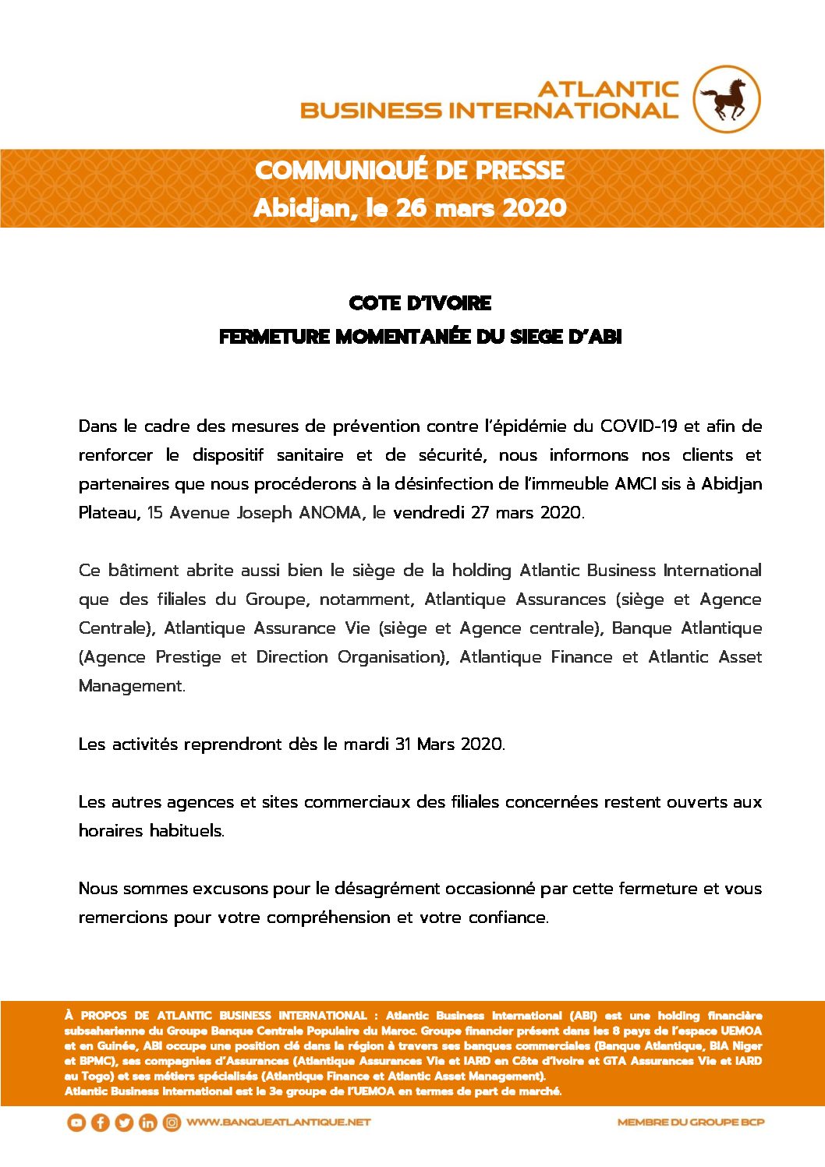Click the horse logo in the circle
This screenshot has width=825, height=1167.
[727, 99]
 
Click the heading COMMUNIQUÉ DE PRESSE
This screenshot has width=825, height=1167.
[409, 170]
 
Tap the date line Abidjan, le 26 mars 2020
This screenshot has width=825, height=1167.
[409, 208]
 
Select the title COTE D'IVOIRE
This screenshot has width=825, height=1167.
[420, 303]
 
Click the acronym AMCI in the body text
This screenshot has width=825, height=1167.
[636, 484]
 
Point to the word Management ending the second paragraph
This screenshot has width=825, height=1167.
[131, 686]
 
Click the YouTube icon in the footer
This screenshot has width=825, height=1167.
[76, 1123]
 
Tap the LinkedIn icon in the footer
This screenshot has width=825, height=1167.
[147, 1123]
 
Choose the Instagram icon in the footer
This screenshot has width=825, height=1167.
[172, 1123]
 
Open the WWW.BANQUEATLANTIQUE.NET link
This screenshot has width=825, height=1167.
[278, 1123]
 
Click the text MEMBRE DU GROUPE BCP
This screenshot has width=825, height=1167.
[691, 1123]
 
